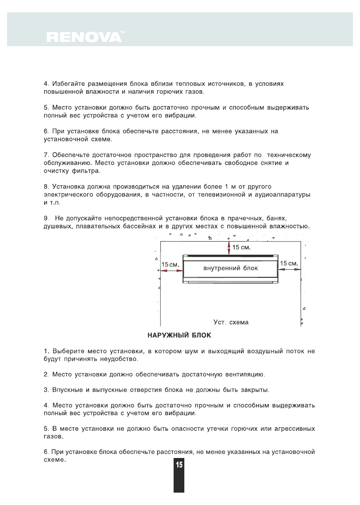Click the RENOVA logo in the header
point(84,37)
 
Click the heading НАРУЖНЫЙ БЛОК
point(179,336)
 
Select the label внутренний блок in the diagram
point(231,268)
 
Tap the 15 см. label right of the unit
point(289,263)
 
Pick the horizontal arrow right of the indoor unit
point(290,269)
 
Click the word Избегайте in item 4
point(68,84)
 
